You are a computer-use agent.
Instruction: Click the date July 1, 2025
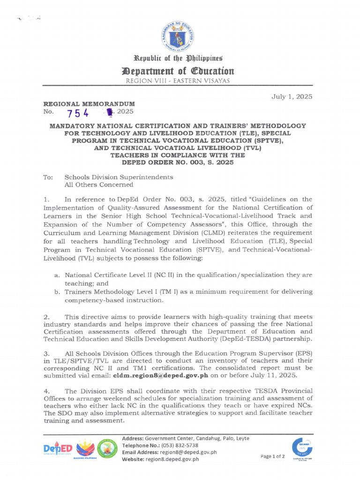tap(292, 97)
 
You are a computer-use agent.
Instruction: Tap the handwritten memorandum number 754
tap(78, 113)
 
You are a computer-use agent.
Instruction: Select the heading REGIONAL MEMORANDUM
tap(89, 103)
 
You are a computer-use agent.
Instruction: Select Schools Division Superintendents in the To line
tap(119, 177)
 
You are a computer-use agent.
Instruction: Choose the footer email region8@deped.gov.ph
tap(187, 452)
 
